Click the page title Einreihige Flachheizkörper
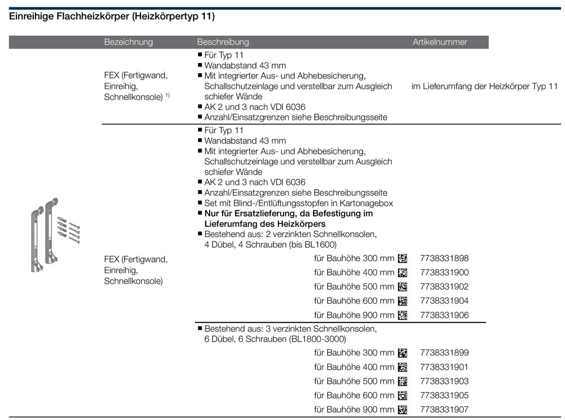(x=112, y=16)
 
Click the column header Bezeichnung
(x=128, y=42)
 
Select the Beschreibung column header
(x=223, y=42)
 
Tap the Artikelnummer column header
(x=440, y=42)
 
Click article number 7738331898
(x=444, y=259)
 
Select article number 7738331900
(x=444, y=273)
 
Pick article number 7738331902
(x=444, y=287)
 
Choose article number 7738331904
(x=444, y=301)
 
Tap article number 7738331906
(x=444, y=315)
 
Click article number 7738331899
(x=444, y=353)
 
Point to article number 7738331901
(x=444, y=367)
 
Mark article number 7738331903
(x=444, y=381)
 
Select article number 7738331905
(x=444, y=395)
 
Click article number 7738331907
(x=444, y=409)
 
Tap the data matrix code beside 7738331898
(x=402, y=259)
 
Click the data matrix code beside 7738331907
(x=402, y=409)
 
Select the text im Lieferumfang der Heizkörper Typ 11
(x=484, y=86)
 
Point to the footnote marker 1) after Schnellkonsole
(x=167, y=95)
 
